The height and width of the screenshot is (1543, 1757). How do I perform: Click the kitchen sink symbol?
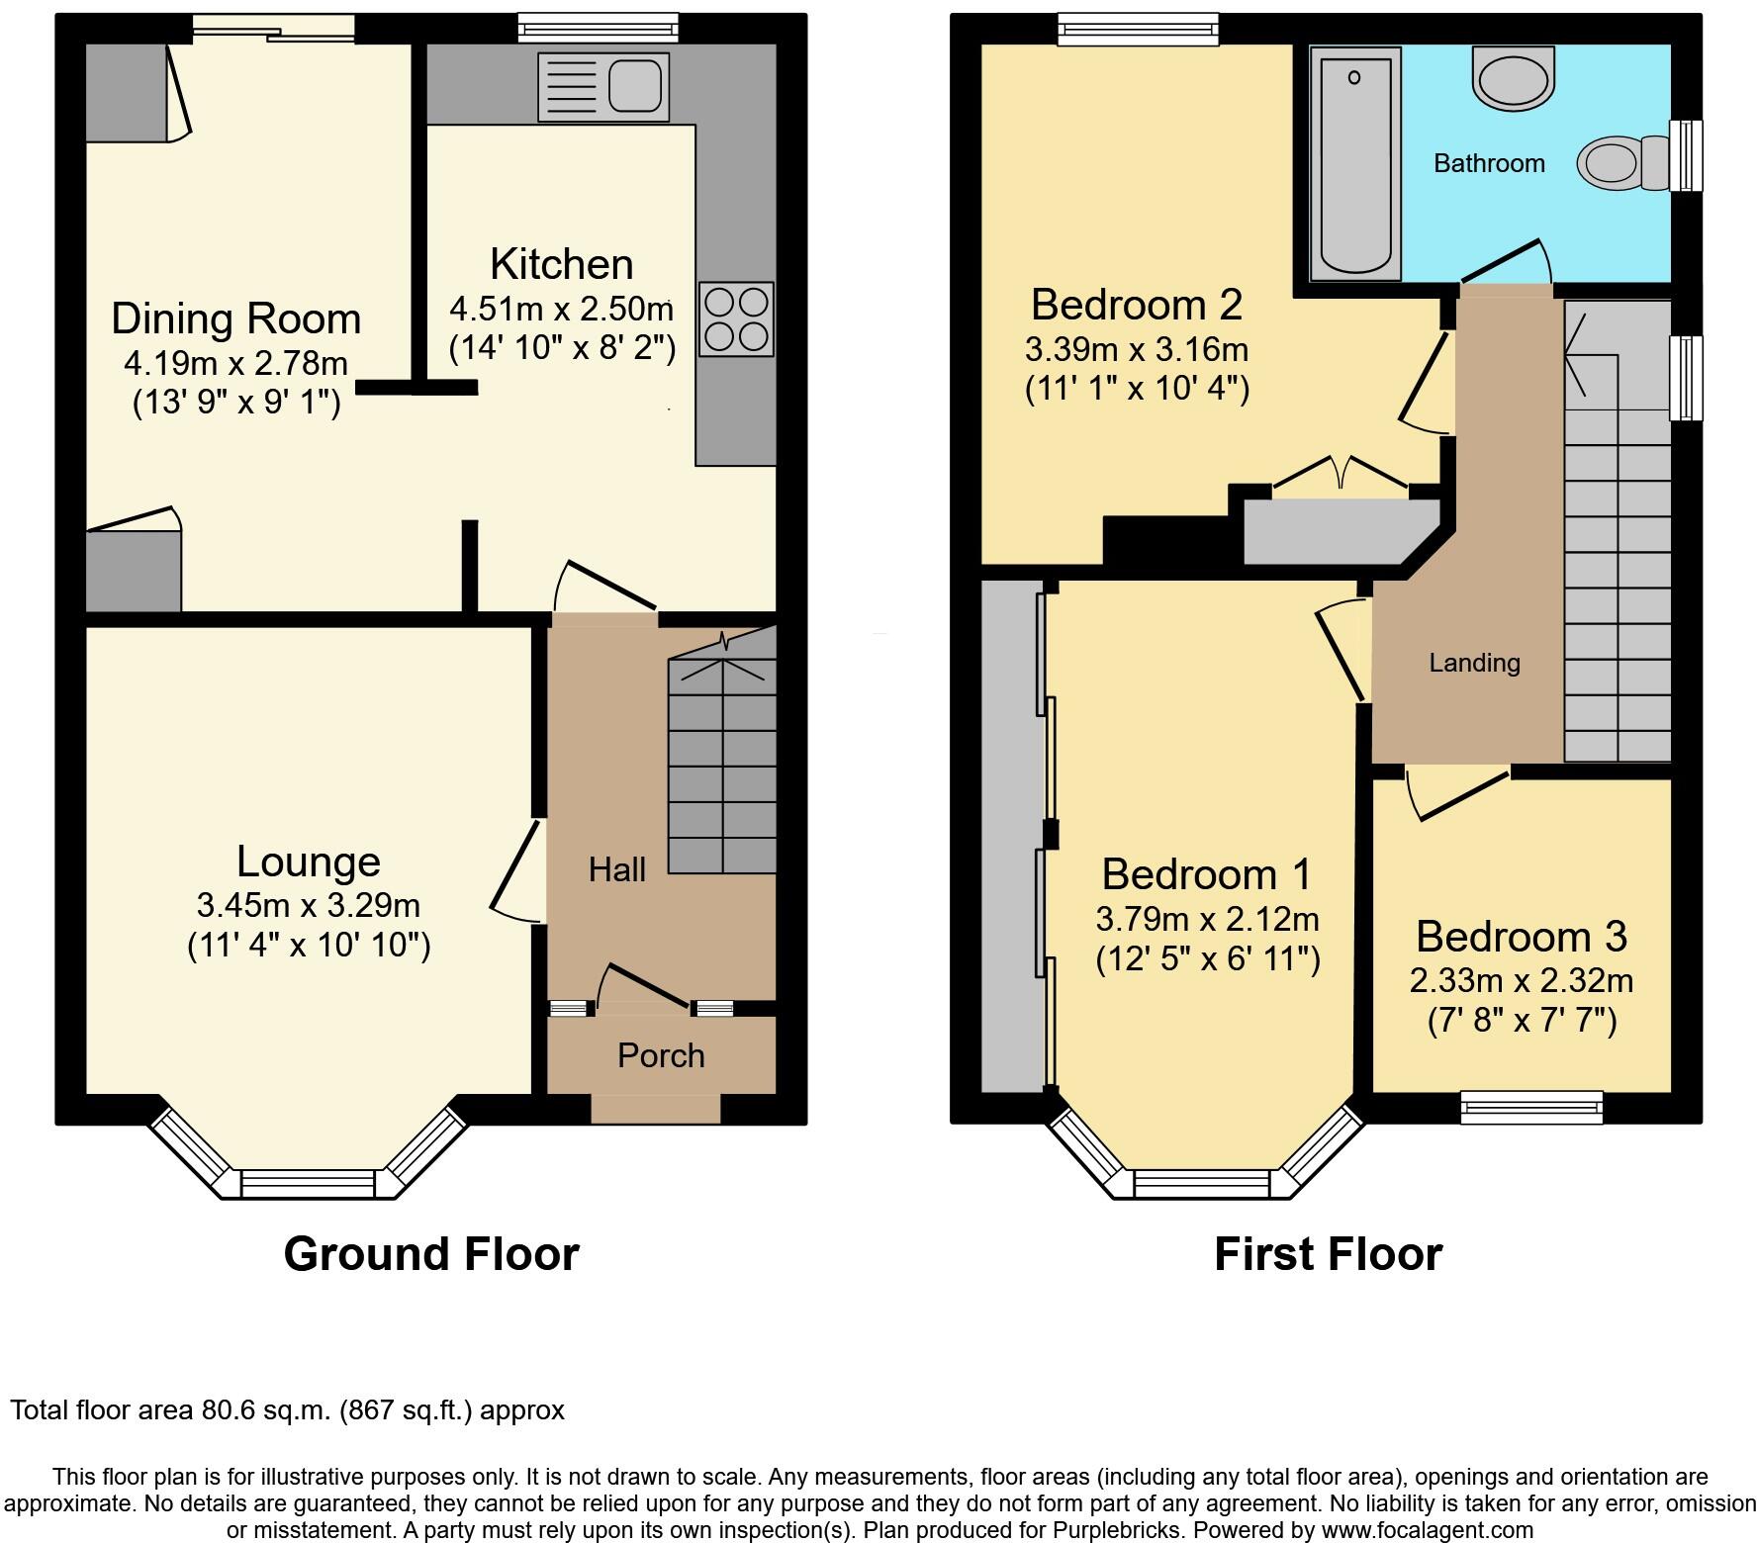(x=602, y=86)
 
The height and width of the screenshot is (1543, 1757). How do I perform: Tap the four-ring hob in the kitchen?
(x=736, y=319)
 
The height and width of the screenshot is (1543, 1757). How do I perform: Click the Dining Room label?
(x=235, y=318)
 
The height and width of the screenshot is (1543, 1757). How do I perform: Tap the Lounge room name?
(x=308, y=862)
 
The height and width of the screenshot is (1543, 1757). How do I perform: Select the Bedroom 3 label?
(x=1521, y=936)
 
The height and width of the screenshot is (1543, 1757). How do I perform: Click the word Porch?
(x=661, y=1055)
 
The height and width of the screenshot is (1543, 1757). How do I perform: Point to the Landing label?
(x=1474, y=663)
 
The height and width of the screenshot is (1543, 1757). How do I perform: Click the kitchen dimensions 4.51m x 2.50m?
(x=561, y=310)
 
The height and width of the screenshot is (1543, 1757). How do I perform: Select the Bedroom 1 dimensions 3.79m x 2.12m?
(x=1207, y=920)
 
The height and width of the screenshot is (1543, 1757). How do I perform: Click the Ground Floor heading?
(x=431, y=1254)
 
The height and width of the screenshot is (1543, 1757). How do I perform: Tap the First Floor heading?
(x=1328, y=1254)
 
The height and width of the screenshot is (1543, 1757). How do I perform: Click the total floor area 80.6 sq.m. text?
(x=288, y=1409)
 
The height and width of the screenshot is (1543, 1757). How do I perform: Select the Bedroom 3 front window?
(x=1531, y=1107)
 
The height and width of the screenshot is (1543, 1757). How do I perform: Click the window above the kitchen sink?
(x=599, y=28)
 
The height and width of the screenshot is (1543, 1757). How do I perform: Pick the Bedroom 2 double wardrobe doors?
(x=1341, y=475)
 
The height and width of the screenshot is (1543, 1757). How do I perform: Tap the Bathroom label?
(x=1489, y=163)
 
